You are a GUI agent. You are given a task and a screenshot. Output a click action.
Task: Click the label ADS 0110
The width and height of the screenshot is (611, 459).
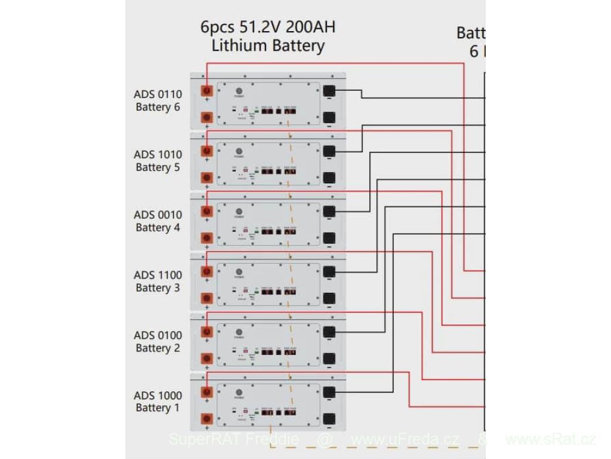tap(158, 94)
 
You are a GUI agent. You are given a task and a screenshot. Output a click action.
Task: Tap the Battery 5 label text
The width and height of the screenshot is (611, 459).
tap(158, 167)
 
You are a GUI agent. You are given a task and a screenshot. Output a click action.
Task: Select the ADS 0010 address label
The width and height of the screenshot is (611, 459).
tap(158, 215)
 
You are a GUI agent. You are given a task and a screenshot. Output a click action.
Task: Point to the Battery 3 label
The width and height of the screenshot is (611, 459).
tap(158, 288)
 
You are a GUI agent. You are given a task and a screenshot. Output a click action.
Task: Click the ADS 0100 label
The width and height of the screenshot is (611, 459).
tap(158, 335)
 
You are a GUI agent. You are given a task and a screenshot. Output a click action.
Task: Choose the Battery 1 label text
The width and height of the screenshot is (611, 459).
tap(158, 408)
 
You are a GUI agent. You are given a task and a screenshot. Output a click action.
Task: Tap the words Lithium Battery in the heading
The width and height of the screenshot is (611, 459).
tap(269, 46)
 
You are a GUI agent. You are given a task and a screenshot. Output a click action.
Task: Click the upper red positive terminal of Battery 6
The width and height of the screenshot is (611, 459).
tap(207, 91)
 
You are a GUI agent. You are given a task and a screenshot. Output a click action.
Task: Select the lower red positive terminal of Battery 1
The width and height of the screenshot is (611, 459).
tap(207, 418)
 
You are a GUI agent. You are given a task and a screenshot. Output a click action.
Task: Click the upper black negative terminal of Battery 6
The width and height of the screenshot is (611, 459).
tap(329, 91)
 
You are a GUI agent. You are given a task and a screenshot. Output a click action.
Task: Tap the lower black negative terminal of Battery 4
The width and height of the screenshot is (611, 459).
tap(329, 238)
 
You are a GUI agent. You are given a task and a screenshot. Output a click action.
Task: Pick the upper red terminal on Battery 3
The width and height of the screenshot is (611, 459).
tap(207, 272)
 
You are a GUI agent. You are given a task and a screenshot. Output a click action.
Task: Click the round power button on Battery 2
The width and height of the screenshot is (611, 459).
tap(239, 332)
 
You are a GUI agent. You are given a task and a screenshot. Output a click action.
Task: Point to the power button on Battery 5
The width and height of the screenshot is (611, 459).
tap(239, 152)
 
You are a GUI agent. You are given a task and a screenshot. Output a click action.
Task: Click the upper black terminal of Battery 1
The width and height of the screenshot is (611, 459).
tap(329, 392)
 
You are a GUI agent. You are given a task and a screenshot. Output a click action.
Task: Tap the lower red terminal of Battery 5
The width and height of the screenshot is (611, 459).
tap(207, 178)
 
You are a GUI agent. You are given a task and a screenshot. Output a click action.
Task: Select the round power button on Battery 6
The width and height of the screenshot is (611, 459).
tap(239, 91)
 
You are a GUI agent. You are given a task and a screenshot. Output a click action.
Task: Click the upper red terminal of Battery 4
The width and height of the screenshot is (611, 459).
tap(207, 212)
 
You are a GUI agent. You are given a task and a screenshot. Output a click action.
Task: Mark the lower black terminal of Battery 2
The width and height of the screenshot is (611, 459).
tap(329, 359)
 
